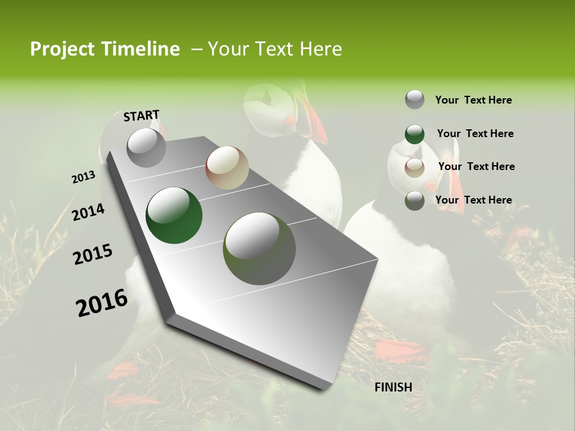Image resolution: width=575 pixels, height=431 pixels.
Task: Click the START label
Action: (141, 116)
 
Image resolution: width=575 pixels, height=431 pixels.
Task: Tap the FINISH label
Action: (394, 387)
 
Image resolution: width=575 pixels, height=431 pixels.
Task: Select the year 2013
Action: (83, 177)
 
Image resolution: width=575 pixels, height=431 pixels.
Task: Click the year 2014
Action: (88, 212)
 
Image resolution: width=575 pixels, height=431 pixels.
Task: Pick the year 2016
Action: (102, 302)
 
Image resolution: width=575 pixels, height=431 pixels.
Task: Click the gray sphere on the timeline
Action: (146, 147)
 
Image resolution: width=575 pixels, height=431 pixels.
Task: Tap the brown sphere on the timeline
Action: (227, 168)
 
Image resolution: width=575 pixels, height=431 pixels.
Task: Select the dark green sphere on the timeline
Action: (174, 215)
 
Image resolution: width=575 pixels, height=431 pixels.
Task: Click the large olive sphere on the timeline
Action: (259, 248)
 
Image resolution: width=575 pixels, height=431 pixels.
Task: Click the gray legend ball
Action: (414, 100)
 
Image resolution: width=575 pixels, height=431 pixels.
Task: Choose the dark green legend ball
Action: (414, 134)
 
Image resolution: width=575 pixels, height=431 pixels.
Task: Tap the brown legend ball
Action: (414, 168)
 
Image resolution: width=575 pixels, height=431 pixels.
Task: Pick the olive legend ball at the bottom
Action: (414, 201)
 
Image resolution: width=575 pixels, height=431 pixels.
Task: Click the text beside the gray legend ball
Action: (473, 100)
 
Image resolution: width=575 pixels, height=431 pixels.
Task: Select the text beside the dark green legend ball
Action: (475, 133)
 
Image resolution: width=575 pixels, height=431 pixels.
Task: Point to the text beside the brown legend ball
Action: (476, 166)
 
